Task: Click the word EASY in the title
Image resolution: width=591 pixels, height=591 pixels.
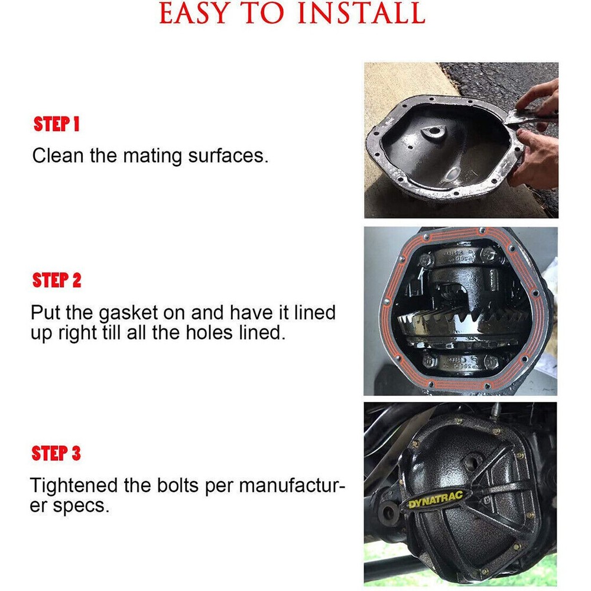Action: coord(194,13)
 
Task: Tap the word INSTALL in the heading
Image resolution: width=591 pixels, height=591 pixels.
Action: coord(362,13)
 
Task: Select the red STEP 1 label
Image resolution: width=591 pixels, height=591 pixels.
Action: coord(57,124)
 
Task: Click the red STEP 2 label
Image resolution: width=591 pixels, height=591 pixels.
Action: coord(57,280)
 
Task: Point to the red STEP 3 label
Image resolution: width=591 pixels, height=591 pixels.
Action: coord(56,453)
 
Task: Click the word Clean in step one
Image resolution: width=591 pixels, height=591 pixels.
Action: coord(58,155)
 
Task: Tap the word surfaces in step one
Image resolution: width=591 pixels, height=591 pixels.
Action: coord(228,155)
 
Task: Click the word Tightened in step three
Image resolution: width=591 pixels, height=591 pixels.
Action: coord(73,485)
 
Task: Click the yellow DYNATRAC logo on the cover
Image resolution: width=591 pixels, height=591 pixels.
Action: coord(436,499)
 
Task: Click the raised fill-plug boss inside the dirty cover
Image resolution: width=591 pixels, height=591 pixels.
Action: coord(433,132)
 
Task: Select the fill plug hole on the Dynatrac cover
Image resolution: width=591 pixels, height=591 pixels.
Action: coord(472,461)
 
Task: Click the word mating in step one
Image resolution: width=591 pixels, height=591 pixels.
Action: coord(152,156)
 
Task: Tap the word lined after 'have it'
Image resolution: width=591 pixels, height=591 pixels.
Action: coord(315,313)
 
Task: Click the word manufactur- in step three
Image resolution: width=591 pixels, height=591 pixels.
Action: coord(292,485)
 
